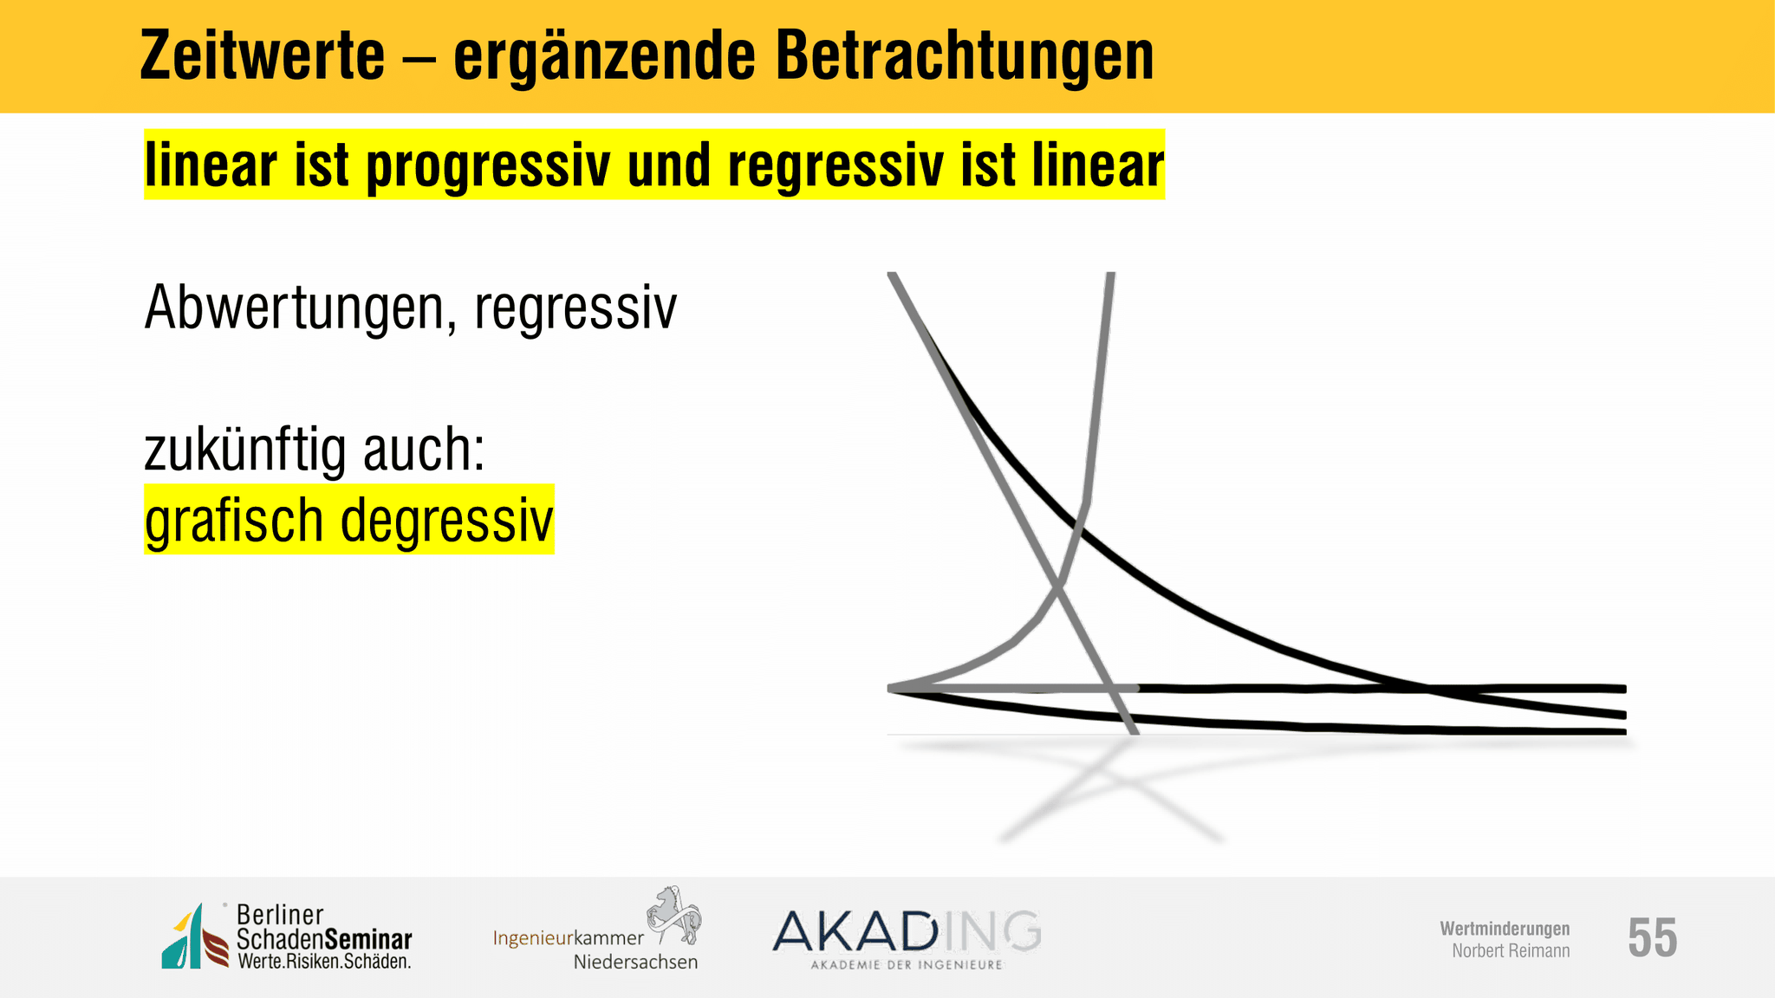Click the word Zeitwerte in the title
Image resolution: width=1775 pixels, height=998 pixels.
[x=262, y=56]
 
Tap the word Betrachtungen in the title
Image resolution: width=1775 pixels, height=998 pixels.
[x=965, y=56]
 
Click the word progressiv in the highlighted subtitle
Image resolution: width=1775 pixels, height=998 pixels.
[x=488, y=166]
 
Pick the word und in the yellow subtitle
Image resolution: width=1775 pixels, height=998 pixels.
[x=669, y=165]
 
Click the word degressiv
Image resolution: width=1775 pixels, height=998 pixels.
[x=446, y=522]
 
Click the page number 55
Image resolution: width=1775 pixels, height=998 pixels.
[x=1652, y=937]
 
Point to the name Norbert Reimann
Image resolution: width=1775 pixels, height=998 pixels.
[x=1511, y=951]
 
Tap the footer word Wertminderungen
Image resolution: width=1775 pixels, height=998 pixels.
[x=1505, y=929]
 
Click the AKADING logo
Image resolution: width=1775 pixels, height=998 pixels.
[x=907, y=939]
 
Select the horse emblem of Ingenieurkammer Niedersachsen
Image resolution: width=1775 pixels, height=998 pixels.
[x=674, y=914]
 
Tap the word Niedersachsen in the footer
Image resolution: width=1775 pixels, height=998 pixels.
[x=635, y=962]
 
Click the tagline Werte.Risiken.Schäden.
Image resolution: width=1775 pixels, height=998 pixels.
[x=324, y=962]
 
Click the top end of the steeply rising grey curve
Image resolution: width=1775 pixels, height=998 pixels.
[x=1111, y=275]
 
